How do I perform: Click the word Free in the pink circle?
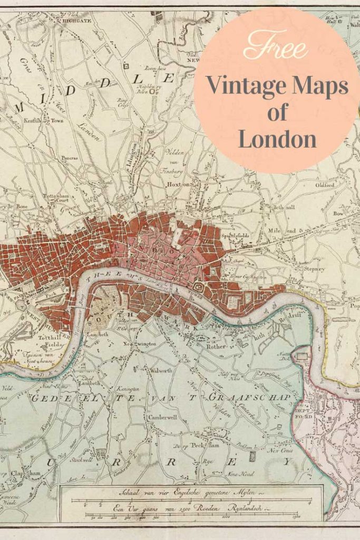click(x=276, y=47)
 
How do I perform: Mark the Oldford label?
click(x=325, y=185)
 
